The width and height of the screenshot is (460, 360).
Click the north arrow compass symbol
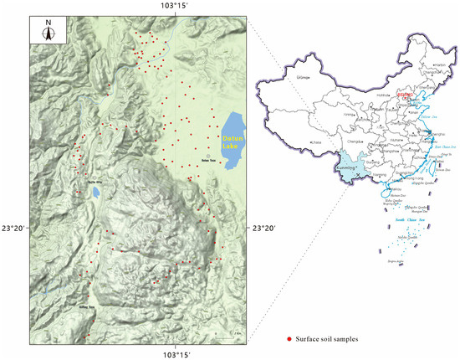tap(48, 33)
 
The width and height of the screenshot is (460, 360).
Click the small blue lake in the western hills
tap(96, 192)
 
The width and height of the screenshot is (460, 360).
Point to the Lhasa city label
tap(317, 143)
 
